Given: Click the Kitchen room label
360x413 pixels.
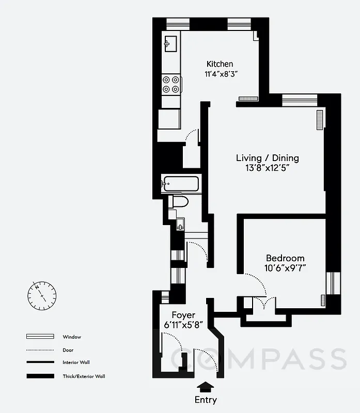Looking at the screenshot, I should pos(220,64).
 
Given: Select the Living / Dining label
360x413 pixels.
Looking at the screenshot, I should pos(267,158).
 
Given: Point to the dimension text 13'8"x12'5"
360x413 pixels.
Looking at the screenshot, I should pos(267,168).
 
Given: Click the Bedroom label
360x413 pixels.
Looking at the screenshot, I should pos(285,258).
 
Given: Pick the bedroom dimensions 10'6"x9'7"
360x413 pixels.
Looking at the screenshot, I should pos(285,268).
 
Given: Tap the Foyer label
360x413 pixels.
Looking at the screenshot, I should pos(183,315).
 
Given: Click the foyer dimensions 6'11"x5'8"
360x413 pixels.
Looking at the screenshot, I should pos(184,324).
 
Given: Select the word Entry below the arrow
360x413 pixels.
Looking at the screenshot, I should pos(205,400).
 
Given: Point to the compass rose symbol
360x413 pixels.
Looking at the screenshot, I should pos(41,295).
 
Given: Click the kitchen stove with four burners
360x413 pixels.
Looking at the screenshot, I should pos(171,85).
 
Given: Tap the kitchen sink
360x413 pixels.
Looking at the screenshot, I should pos(170,44).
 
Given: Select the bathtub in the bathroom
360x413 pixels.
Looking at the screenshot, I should pos(180,183).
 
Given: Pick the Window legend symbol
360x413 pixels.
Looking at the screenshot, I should pos(40,337).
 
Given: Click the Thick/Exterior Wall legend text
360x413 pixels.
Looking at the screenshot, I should pos(84,376).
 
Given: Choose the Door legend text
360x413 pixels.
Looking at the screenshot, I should pos(68,350).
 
